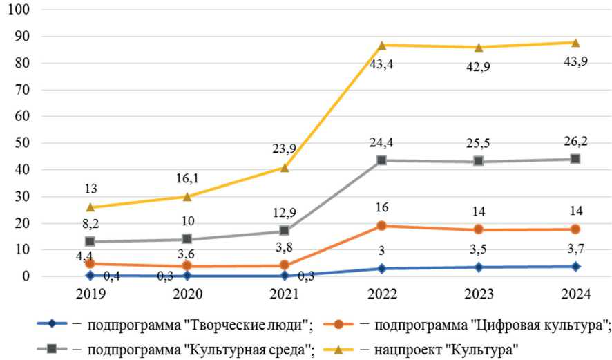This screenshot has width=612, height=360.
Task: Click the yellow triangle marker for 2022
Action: click(382, 45)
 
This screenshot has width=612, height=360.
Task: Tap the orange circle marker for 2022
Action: click(382, 225)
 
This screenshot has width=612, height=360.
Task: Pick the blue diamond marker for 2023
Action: click(479, 267)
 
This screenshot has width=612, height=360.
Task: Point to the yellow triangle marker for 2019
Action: click(90, 207)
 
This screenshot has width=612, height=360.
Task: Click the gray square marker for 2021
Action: click(285, 230)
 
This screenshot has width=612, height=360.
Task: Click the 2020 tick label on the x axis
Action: click(187, 294)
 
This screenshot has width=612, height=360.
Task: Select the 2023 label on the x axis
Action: click(479, 294)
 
